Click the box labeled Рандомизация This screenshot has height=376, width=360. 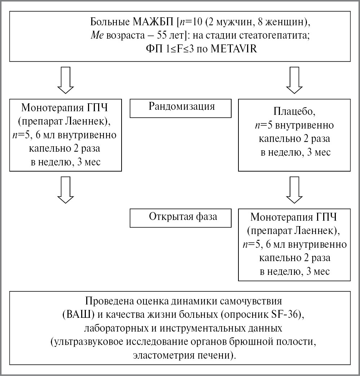pos(180,108)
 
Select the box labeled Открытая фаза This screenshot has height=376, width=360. pos(180,217)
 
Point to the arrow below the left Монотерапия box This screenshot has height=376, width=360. pos(65,191)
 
